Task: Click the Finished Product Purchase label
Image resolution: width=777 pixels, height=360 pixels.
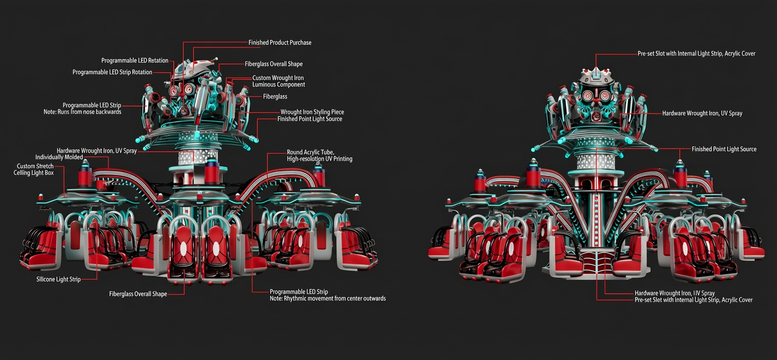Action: coord(280,42)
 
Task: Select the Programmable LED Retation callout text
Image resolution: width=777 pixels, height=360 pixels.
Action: coord(134,60)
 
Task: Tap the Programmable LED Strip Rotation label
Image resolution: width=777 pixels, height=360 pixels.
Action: coord(112,72)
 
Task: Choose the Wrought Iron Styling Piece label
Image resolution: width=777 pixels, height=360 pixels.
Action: coord(312,112)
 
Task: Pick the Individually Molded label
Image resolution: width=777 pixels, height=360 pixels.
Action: coord(59,157)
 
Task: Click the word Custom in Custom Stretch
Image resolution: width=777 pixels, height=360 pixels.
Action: coord(26,166)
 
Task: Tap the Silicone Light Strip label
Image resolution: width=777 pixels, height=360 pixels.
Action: coord(58,279)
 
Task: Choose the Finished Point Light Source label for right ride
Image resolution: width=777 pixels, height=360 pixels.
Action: coord(724,149)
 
